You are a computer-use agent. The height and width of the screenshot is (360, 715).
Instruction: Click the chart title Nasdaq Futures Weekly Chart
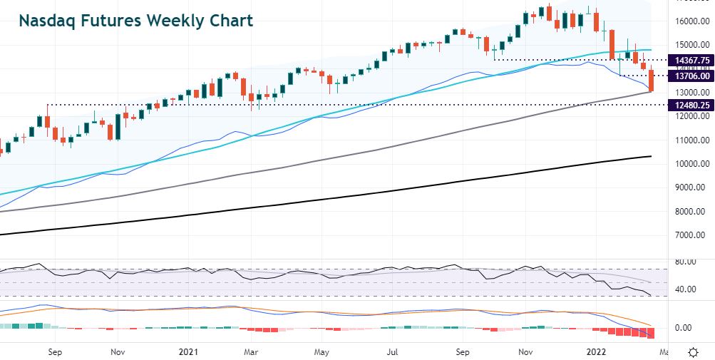coord(135,21)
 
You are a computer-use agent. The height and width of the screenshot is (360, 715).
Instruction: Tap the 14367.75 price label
coord(690,60)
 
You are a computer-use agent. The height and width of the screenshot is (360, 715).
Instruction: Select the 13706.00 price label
coord(690,76)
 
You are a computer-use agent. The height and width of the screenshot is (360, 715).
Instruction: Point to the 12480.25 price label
coord(690,105)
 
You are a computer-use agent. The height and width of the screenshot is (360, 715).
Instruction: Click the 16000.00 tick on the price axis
coord(690,21)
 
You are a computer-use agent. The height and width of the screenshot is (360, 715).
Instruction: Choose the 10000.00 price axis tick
coord(690,164)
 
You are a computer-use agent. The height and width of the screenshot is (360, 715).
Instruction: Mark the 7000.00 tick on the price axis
coord(690,235)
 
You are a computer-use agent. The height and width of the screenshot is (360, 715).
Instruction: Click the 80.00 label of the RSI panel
coord(686,262)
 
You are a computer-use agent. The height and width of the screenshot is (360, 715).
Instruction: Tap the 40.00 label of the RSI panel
coord(686,289)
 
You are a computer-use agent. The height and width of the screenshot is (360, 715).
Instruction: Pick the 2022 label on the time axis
coord(597,352)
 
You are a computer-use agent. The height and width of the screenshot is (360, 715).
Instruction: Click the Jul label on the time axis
coord(392,352)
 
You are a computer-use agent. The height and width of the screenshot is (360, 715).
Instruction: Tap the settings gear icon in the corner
coord(693,352)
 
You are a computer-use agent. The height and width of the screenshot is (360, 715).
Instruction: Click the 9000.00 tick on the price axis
coord(690,187)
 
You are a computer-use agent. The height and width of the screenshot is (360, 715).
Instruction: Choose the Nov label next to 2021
coord(119,352)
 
